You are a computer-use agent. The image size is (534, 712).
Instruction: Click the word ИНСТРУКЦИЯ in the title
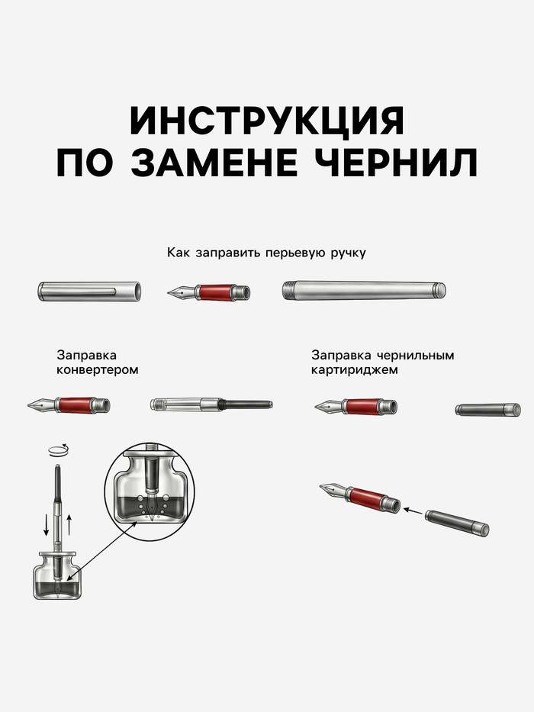pos(267,121)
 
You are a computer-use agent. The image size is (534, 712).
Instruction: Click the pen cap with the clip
pos(90,291)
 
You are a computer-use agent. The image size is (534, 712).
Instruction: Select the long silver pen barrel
pos(363,291)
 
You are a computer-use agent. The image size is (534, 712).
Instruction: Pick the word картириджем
pos(354,370)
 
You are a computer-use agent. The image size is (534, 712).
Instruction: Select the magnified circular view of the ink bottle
pos(153,489)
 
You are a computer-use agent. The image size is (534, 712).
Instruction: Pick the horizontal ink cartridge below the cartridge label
pos(487,410)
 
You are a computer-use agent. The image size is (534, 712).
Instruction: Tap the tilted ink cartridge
pos(456,523)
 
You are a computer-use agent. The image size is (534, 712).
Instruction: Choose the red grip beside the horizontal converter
pos(73,405)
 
